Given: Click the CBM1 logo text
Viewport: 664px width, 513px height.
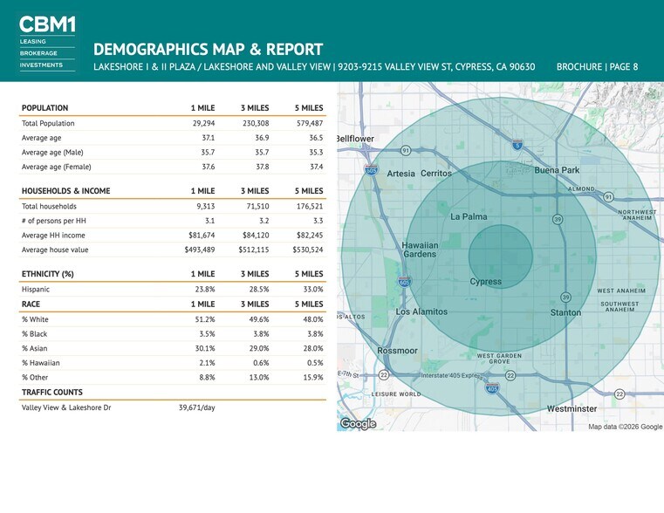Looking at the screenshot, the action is (x=47, y=24).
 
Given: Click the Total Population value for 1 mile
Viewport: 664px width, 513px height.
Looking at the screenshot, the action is (x=203, y=123).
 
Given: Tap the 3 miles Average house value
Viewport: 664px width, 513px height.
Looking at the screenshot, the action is (x=254, y=250).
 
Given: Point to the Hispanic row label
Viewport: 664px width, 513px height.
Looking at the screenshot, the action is (x=36, y=289).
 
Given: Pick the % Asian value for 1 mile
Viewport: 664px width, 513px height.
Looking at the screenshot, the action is (x=205, y=348).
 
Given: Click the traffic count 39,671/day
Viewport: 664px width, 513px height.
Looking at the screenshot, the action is (x=197, y=407).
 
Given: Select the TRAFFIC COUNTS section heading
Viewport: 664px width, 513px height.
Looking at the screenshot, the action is (x=52, y=392).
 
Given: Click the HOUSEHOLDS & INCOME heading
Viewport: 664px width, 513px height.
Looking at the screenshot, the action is (x=65, y=191).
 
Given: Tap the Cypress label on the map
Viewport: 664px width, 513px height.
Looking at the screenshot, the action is (x=486, y=282).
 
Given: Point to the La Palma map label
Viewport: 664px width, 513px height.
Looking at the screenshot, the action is (x=469, y=216).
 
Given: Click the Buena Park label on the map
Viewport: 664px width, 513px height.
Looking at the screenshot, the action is (x=557, y=170).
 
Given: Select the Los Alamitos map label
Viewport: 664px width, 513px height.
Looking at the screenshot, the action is (x=421, y=311).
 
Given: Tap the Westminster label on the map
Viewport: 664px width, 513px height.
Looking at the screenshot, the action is (x=572, y=409).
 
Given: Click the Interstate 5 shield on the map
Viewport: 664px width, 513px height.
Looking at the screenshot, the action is (x=517, y=145).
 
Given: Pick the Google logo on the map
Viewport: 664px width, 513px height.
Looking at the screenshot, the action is (x=358, y=424).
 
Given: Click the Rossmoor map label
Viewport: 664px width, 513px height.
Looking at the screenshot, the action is (x=397, y=351).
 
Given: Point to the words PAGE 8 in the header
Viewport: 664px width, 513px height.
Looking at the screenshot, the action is (x=624, y=67).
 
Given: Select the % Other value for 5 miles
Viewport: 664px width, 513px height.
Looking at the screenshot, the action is (x=313, y=377).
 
